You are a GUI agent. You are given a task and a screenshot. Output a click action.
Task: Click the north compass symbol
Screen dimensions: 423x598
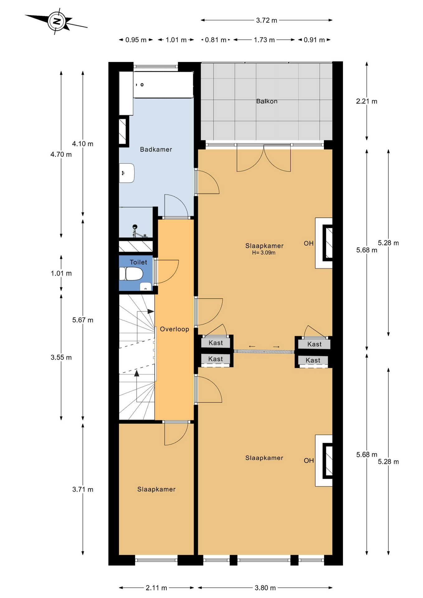coord(56,21)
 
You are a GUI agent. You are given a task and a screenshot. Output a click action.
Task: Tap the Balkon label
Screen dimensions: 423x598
coord(267,101)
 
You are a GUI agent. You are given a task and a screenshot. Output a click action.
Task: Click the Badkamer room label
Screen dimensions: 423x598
coord(156,149)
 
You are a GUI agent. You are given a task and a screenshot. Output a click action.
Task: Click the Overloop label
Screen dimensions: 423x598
coord(174,329)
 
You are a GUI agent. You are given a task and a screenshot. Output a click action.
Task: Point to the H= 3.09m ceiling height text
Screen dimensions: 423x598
coord(264,253)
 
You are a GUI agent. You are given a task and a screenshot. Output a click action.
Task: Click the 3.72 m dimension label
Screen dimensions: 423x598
coord(267,21)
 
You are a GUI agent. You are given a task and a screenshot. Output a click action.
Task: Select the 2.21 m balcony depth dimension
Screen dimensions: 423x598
coord(367,101)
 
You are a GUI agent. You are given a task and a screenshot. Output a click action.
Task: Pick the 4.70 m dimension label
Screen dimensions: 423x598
coord(61,154)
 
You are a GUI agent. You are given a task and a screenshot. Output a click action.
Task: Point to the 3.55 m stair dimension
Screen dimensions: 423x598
coord(61,358)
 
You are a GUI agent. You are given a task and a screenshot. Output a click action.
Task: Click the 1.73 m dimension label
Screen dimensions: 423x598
coord(264,40)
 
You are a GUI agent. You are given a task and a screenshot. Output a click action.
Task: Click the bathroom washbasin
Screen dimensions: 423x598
coord(127,173)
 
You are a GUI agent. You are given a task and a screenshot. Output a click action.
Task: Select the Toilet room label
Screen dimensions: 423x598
coord(138,262)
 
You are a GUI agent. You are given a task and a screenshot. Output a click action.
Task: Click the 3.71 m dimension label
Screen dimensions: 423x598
coord(83,489)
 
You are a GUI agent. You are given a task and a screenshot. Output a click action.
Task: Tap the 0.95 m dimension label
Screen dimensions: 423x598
coord(136,40)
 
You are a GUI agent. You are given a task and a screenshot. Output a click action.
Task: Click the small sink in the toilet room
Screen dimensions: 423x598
coord(145,287)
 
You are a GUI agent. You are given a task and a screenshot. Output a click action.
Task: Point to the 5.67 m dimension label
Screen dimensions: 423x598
coord(83,320)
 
